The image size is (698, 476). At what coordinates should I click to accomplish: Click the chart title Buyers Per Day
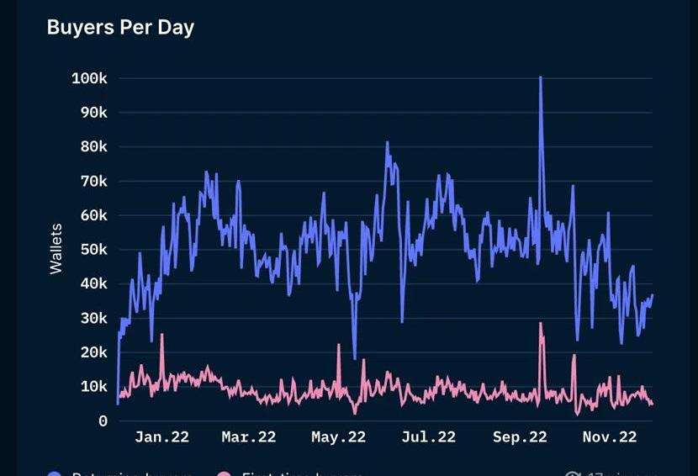(x=120, y=27)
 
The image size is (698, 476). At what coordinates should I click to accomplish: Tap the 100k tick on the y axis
(x=89, y=78)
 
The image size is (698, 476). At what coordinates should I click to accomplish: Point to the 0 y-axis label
(x=103, y=421)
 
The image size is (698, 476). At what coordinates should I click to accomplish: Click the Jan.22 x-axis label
(x=161, y=436)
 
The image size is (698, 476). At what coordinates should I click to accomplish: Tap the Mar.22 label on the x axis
(x=248, y=436)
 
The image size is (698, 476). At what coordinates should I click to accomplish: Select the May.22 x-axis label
(x=338, y=436)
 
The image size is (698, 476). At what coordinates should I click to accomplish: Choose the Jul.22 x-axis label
(x=428, y=436)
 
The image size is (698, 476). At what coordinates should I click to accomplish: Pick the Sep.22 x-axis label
(x=520, y=436)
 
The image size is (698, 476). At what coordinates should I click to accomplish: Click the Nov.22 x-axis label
(x=610, y=436)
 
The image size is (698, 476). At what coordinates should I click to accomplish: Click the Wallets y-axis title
(x=56, y=249)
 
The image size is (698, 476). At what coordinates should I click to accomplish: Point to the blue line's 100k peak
(x=540, y=77)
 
